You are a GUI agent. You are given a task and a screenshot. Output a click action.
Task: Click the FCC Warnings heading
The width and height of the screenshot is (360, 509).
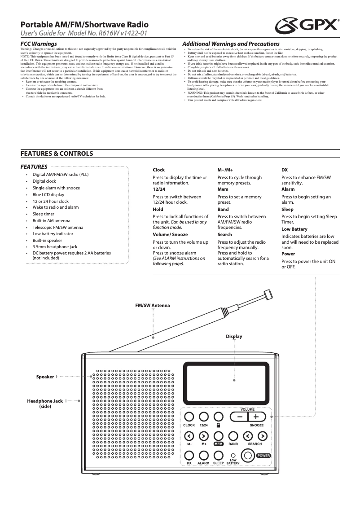tap(39, 44)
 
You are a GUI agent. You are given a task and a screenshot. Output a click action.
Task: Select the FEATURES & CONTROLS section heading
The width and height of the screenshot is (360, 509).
tap(57, 154)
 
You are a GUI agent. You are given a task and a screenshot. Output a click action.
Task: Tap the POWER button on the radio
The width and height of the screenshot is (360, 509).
tap(248, 455)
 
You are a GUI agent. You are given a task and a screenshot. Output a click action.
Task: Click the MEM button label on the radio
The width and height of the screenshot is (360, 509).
tap(219, 443)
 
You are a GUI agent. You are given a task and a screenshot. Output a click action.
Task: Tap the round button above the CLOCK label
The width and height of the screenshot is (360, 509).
tap(189, 417)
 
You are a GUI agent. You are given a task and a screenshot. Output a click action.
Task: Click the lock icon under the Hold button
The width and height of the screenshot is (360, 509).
tap(218, 425)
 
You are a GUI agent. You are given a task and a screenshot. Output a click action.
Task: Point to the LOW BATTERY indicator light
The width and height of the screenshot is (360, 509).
tap(233, 456)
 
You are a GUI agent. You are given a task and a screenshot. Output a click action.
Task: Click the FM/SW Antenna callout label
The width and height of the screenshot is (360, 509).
tap(153, 305)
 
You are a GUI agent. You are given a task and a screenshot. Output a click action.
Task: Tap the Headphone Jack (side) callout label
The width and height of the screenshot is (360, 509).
tap(45, 403)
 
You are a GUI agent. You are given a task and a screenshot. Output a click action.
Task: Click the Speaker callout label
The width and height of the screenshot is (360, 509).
tap(45, 377)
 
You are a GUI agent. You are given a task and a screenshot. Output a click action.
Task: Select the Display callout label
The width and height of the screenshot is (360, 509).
tap(234, 336)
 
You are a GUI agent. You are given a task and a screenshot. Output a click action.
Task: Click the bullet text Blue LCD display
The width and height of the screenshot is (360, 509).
tap(48, 195)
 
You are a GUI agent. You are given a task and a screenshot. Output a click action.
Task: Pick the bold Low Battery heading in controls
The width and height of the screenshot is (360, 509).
tap(294, 229)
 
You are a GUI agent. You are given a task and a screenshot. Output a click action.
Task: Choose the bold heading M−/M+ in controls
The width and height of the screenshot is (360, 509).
tap(225, 170)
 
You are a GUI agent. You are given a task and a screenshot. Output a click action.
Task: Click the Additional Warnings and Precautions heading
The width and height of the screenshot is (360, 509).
tap(231, 44)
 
